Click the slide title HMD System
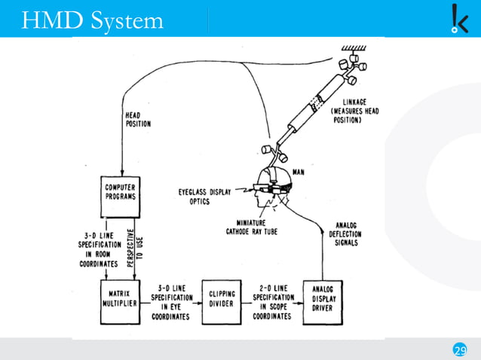coord(92,19)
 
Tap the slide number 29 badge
coord(459,349)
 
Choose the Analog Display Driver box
coord(322,301)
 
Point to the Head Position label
coord(137,120)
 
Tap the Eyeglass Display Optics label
coord(204,197)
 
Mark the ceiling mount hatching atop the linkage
coord(354,47)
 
